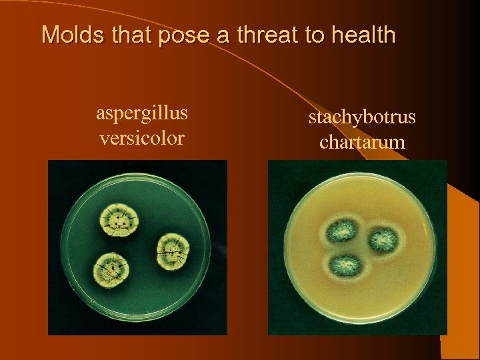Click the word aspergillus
point(142,113)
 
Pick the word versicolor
point(142,138)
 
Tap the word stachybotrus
point(362,117)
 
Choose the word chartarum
point(362,142)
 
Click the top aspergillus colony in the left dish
point(118,220)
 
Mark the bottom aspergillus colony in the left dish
point(113,270)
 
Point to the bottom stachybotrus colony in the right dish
point(346,264)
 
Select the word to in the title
point(313,35)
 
